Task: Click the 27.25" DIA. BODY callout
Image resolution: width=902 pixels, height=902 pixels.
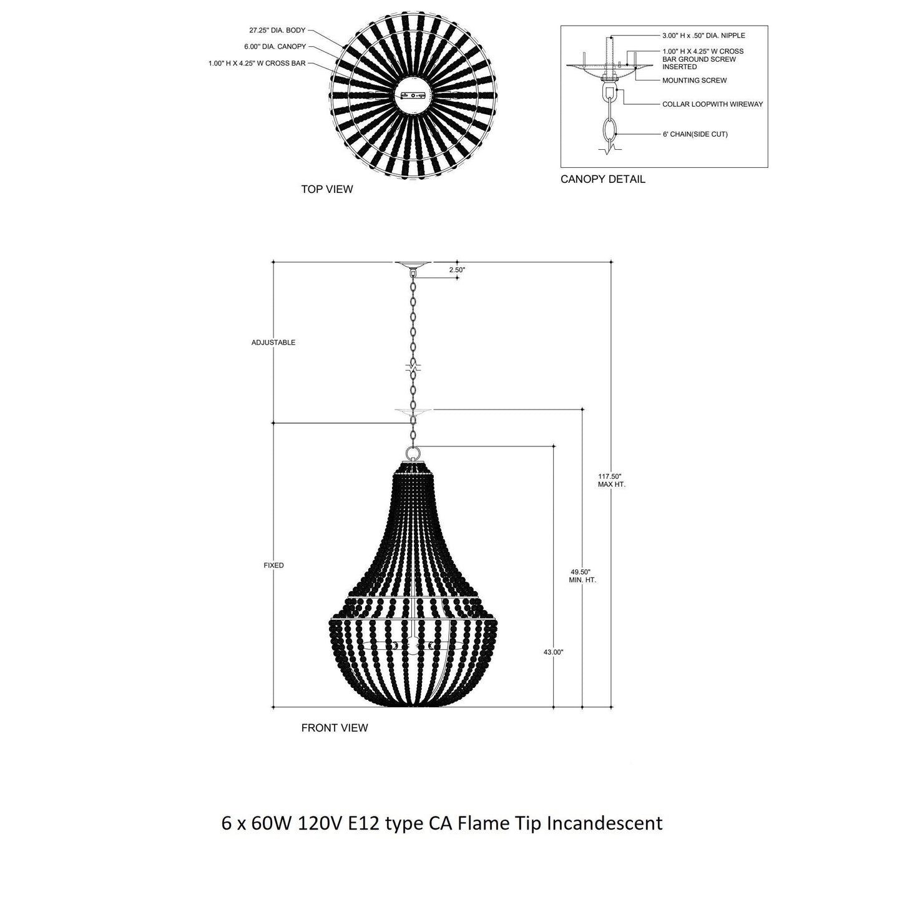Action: coord(278,30)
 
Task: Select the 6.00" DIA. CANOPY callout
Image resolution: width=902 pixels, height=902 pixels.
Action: coord(275,47)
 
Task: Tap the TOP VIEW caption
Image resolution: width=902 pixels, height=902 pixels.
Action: coord(326,189)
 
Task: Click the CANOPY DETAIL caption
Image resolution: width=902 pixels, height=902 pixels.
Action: coord(602,179)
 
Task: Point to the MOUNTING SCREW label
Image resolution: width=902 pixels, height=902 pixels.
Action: coord(694,81)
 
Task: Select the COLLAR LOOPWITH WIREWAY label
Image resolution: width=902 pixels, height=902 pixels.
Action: coord(712,104)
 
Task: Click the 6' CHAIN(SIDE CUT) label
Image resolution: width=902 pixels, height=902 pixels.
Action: coord(695,134)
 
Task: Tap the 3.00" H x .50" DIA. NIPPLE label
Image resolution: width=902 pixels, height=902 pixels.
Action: coord(703,36)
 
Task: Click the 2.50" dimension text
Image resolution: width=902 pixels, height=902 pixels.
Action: coord(457,270)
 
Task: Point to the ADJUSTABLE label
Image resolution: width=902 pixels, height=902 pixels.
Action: coord(273,343)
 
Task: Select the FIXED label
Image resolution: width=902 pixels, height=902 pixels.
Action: coord(273,566)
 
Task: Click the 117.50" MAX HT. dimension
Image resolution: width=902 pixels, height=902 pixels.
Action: coord(611,480)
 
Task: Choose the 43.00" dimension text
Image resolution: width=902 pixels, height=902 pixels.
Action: coord(553,652)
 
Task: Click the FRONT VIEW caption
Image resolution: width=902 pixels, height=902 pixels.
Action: coord(335,728)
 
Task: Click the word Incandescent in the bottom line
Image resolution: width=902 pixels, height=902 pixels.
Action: coord(604,823)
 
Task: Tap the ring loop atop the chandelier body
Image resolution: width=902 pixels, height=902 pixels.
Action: coord(413,453)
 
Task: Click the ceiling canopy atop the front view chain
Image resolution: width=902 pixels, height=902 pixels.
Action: coord(413,265)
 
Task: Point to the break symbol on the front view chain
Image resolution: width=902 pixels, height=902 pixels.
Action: coord(413,366)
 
